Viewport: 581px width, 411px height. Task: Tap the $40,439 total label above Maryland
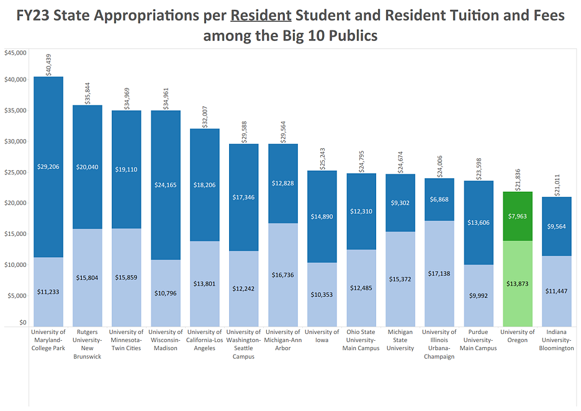pos(49,65)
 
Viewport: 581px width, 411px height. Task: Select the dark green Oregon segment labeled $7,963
pos(517,216)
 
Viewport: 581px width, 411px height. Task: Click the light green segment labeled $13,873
pos(517,283)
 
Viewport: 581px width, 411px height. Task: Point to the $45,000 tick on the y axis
pos(16,53)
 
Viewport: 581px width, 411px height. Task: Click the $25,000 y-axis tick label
pos(16,172)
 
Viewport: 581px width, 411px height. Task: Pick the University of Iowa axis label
pos(322,336)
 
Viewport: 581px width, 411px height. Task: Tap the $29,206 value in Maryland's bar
pos(48,166)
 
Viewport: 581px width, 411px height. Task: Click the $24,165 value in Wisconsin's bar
pos(166,184)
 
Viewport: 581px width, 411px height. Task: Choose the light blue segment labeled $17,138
pos(439,273)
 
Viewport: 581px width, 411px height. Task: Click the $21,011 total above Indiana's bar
pos(557,185)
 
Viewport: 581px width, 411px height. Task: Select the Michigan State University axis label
pos(400,340)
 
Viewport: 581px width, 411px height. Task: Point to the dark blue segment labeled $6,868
pos(439,199)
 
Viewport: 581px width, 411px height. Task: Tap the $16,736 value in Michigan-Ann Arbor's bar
pos(283,274)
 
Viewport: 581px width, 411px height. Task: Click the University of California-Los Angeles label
pos(205,340)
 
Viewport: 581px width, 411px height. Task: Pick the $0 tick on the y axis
pos(22,323)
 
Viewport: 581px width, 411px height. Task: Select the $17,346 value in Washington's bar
pos(244,197)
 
